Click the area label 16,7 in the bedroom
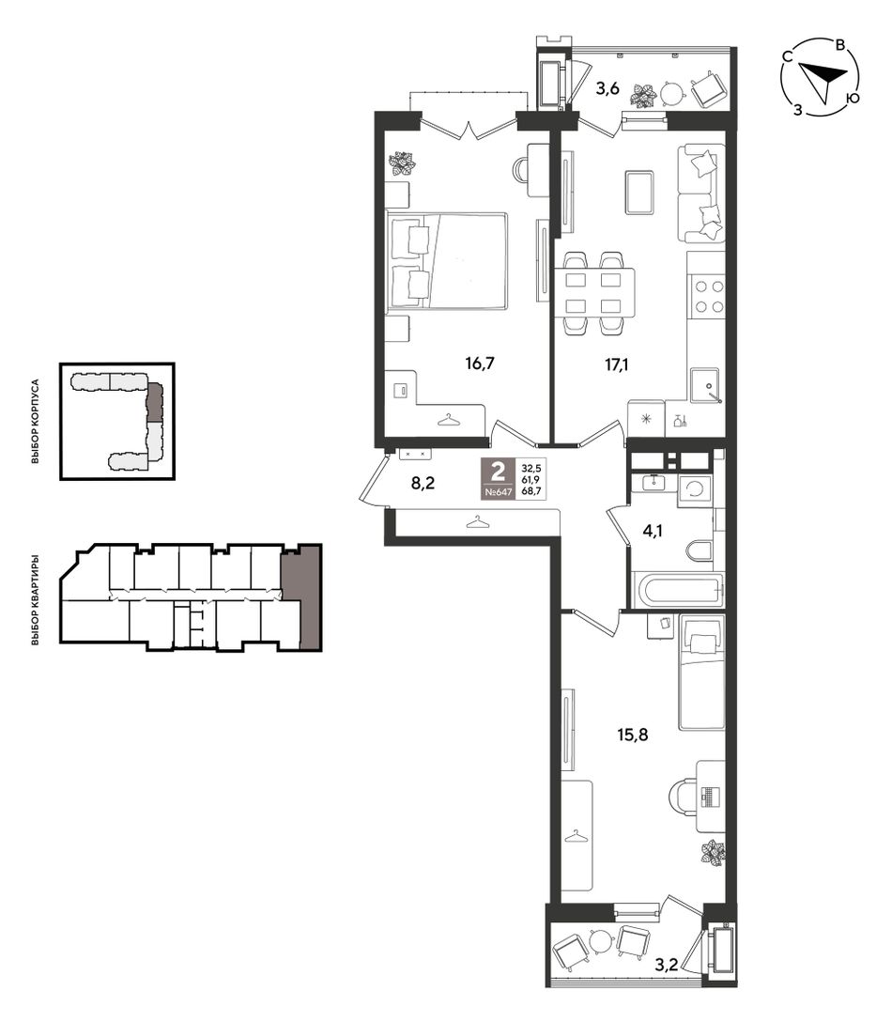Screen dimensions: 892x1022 [x=480, y=363]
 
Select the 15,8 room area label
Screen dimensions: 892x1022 [x=633, y=736]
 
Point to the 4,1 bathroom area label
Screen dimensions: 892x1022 [x=653, y=531]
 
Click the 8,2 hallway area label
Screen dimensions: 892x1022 [x=423, y=483]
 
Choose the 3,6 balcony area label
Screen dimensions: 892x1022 [x=607, y=88]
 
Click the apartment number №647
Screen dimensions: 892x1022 [x=499, y=492]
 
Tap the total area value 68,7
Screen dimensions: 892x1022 [x=531, y=492]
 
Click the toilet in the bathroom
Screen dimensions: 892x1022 [x=700, y=550]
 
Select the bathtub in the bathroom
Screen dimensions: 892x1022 [x=679, y=589]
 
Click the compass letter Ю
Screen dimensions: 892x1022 [x=853, y=98]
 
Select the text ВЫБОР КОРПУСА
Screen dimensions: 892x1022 [x=35, y=422]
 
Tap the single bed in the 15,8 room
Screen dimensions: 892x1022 [x=701, y=672]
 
